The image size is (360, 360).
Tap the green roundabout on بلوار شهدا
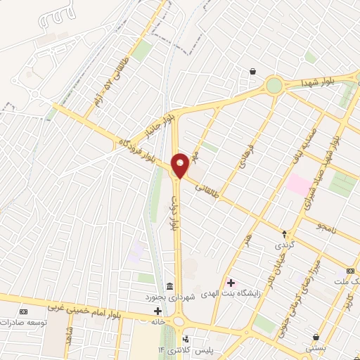click(x=274, y=86)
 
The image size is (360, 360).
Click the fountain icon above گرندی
click(x=285, y=233)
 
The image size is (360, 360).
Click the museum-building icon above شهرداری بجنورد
click(x=169, y=285)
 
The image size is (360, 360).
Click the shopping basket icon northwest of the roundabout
click(x=252, y=71)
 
